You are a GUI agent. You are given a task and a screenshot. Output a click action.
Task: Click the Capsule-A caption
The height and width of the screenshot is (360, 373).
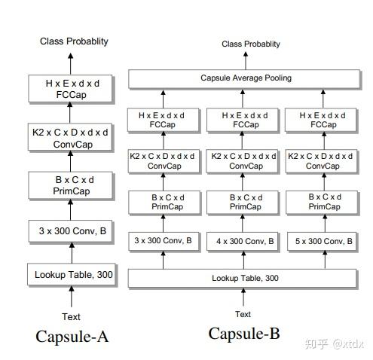pos(72,336)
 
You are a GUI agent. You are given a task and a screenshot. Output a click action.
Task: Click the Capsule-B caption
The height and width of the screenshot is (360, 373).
pos(243,334)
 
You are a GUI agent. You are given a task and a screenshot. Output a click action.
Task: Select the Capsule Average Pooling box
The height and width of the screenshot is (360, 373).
pos(246,78)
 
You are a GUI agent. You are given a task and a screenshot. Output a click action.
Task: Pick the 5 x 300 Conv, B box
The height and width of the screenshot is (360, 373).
pos(323,241)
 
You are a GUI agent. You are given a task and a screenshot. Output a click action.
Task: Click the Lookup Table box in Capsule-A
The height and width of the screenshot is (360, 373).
pos(74,275)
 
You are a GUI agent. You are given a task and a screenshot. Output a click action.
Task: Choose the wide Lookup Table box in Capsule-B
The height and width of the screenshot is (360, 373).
pos(246,279)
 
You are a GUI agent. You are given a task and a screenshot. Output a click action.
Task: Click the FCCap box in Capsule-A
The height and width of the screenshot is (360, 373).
pos(74,89)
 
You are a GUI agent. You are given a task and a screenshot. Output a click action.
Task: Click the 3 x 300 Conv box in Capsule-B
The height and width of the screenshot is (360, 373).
pos(163,241)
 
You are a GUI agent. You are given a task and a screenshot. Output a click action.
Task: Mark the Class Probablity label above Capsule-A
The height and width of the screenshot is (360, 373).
pos(74,41)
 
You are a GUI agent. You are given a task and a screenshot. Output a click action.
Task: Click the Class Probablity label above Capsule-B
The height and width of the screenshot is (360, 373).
pos(251,44)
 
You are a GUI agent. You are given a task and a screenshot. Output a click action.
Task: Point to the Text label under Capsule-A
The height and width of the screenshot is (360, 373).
pos(72,317)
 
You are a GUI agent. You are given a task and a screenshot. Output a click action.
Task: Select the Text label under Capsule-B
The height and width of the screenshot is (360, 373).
pos(243,314)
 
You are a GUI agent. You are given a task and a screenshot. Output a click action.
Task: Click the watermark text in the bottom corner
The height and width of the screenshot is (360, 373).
pos(336,343)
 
